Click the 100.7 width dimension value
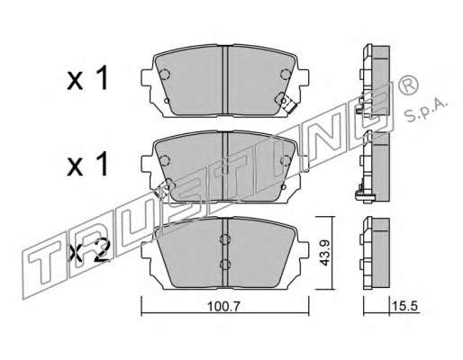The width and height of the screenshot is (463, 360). [x=223, y=306]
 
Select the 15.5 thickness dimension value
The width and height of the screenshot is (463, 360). [x=404, y=306]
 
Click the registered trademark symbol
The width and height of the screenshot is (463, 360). [x=408, y=85]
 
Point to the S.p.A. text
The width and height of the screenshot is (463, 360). [x=426, y=110]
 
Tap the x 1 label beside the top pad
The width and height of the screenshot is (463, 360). [x=86, y=78]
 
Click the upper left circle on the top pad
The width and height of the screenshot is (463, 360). [x=165, y=74]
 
